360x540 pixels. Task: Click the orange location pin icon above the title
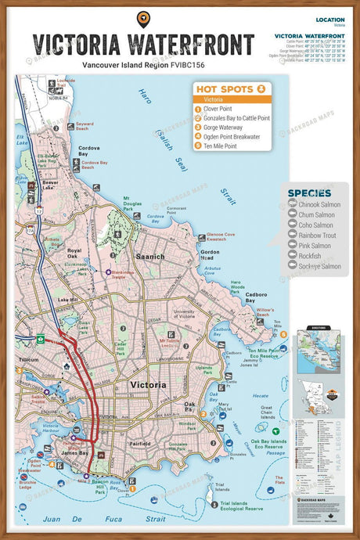(x=143, y=19)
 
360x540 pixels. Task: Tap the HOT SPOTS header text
(x=225, y=89)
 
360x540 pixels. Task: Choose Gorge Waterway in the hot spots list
(x=228, y=127)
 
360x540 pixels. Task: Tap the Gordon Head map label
(x=210, y=255)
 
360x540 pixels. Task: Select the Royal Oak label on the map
(x=74, y=254)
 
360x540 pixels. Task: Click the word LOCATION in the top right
(x=329, y=20)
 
